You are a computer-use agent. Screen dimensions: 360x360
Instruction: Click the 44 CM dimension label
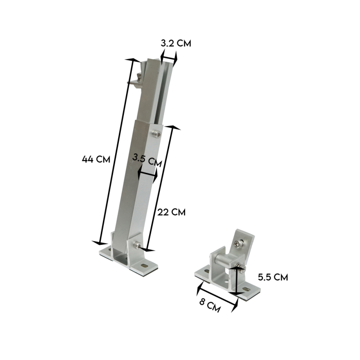96,159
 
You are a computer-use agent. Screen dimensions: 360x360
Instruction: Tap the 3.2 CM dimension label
175,43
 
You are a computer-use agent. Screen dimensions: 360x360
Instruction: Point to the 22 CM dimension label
171,211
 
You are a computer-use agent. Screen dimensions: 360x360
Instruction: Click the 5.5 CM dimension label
273,277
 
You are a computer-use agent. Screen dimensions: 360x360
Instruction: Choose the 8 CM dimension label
210,307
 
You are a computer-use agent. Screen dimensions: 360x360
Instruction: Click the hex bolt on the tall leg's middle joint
156,134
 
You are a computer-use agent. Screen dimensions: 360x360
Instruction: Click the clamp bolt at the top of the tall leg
138,80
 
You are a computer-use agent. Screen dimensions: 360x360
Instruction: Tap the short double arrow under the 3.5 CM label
148,175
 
